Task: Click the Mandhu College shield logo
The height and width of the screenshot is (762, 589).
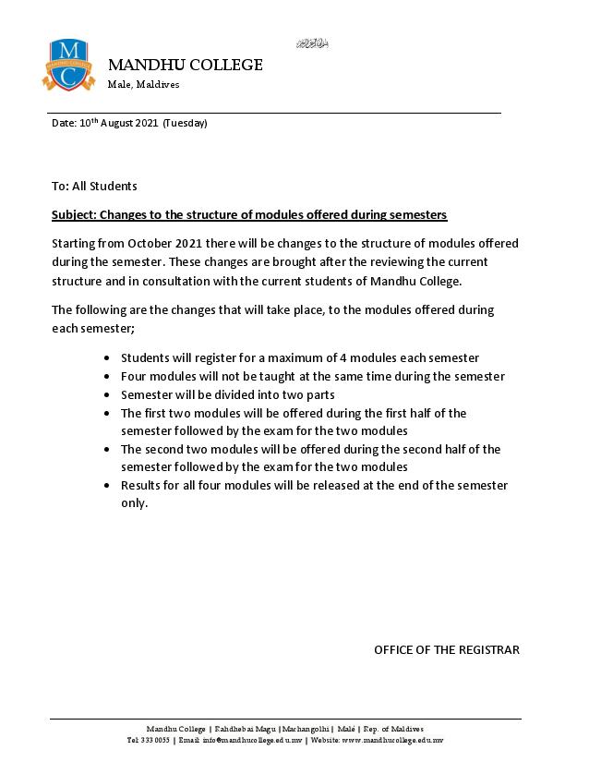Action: (68, 65)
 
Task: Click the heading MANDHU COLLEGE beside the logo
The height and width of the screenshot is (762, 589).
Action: (186, 65)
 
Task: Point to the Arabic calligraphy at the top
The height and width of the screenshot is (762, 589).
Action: (312, 43)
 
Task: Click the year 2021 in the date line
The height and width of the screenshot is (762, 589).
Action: (147, 123)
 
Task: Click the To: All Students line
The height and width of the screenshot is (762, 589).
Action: (94, 186)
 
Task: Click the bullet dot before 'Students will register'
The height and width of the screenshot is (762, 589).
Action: (109, 357)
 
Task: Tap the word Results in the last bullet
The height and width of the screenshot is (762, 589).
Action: (142, 486)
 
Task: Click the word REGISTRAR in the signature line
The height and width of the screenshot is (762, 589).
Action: (487, 649)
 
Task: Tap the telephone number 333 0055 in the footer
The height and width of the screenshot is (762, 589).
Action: (154, 740)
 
